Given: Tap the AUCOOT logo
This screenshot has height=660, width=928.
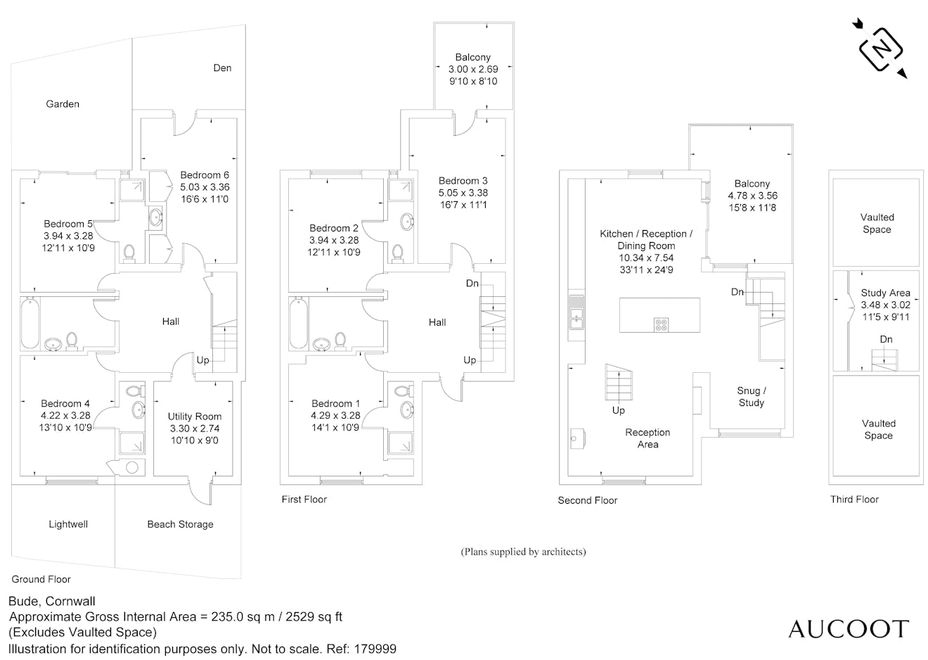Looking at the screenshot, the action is pyautogui.click(x=849, y=629).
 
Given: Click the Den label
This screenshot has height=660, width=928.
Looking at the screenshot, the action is pyautogui.click(x=222, y=68).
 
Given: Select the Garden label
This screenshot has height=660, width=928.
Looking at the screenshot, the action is pyautogui.click(x=63, y=104).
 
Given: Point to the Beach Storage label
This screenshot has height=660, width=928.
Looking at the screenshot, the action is pyautogui.click(x=180, y=524).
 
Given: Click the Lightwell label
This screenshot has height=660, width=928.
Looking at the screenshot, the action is pyautogui.click(x=68, y=524).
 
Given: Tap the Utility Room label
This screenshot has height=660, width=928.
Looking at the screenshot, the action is pyautogui.click(x=195, y=417).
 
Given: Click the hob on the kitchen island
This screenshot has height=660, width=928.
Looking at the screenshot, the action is pyautogui.click(x=661, y=324).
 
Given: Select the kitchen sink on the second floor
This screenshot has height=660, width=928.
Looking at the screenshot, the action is pyautogui.click(x=576, y=312).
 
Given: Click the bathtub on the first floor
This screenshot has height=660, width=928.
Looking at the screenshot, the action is pyautogui.click(x=299, y=323).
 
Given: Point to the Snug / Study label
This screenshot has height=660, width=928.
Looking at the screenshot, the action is pyautogui.click(x=752, y=397).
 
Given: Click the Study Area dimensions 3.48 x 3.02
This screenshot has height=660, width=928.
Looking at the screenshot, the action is pyautogui.click(x=885, y=305).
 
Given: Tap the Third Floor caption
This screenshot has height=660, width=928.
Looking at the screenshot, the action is pyautogui.click(x=854, y=500).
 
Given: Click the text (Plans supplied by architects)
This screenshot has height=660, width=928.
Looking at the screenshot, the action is pyautogui.click(x=523, y=552).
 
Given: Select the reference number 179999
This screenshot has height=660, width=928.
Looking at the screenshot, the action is pyautogui.click(x=375, y=649).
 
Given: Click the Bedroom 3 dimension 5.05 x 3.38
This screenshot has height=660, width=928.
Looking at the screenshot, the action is pyautogui.click(x=463, y=193).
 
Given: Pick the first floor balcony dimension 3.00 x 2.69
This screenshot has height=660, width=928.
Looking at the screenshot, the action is pyautogui.click(x=473, y=69).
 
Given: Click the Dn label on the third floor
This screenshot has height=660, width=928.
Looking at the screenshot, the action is pyautogui.click(x=886, y=340).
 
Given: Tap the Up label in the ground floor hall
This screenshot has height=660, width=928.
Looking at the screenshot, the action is pyautogui.click(x=202, y=360).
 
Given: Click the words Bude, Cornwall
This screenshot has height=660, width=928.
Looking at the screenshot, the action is pyautogui.click(x=52, y=601).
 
